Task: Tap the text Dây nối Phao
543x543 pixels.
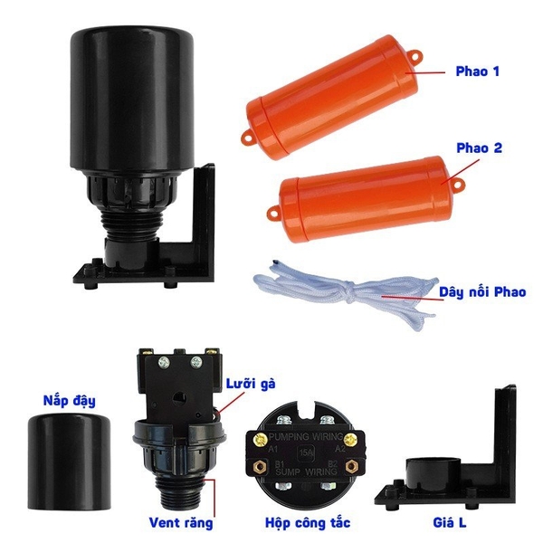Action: tap(482, 291)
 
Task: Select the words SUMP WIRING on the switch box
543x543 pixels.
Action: tap(305, 471)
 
